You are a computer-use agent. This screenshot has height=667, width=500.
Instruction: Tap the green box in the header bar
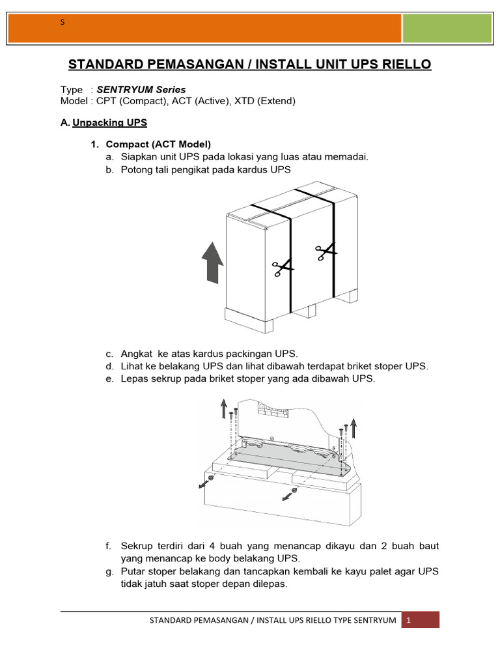[447, 29]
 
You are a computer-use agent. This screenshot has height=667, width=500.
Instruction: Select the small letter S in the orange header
[62, 22]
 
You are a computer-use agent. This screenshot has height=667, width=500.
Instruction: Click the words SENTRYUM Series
[141, 89]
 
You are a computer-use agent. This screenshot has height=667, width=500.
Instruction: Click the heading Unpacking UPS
[110, 122]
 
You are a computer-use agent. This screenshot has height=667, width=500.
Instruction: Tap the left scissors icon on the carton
[283, 266]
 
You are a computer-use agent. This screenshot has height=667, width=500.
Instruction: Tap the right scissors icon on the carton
[326, 251]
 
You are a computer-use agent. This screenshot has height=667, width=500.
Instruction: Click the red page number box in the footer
[420, 620]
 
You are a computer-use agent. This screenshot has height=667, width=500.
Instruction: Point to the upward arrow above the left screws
[223, 408]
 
